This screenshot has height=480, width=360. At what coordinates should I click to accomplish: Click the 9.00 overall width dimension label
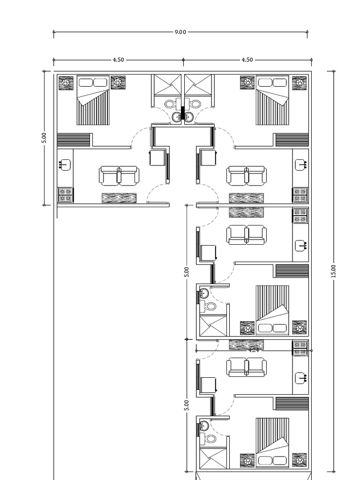click(x=180, y=32)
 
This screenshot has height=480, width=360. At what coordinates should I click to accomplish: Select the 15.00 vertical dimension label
click(x=333, y=271)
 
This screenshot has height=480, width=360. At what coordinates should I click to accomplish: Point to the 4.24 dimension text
click(x=254, y=350)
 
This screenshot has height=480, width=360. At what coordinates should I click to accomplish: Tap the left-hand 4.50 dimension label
click(x=118, y=60)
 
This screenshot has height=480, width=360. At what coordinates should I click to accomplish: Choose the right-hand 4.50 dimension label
click(x=247, y=60)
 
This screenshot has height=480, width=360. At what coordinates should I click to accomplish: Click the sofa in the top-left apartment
click(x=119, y=176)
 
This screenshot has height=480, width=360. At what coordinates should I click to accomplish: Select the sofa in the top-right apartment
click(x=247, y=176)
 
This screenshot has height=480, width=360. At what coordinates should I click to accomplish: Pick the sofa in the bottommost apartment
click(x=247, y=367)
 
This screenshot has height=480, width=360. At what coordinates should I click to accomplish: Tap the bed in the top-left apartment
click(x=93, y=101)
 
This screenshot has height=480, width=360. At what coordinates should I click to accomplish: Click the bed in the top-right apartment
click(x=272, y=101)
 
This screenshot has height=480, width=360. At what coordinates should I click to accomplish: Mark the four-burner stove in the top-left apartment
click(x=65, y=195)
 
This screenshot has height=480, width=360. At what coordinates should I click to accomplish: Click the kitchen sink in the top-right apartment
click(x=300, y=165)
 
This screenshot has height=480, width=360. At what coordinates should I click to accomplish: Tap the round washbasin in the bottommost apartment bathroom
click(x=204, y=426)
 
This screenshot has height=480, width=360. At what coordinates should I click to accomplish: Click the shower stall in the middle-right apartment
click(x=213, y=326)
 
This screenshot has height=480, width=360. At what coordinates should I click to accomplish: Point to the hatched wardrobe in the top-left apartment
click(x=73, y=140)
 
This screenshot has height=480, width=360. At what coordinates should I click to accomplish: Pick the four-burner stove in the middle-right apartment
click(x=300, y=216)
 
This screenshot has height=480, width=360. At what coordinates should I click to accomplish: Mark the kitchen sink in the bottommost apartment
click(x=300, y=377)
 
